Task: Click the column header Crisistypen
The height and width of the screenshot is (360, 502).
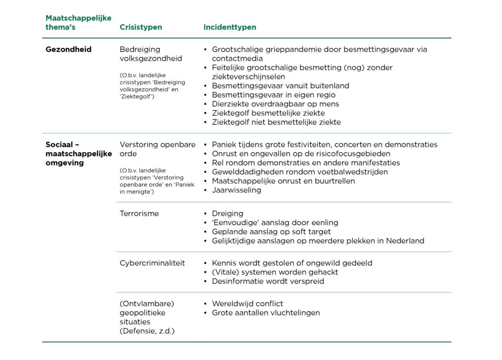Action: point(141,27)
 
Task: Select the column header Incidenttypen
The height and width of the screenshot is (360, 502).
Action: point(229,27)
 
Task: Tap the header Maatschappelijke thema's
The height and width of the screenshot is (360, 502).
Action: point(78,23)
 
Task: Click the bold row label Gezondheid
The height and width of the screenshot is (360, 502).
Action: point(69,49)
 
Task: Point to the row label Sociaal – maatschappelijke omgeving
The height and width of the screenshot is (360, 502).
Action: point(78,154)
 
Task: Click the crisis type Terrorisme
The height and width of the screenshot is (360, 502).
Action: point(139,214)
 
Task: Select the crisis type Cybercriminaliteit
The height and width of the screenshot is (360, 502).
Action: point(152,263)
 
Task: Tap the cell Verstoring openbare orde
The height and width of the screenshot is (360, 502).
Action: point(157,149)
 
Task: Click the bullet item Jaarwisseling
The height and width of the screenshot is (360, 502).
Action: point(236,190)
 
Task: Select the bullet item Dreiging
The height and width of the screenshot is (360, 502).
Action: point(227,214)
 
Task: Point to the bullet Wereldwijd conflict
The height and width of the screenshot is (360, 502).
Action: point(247,304)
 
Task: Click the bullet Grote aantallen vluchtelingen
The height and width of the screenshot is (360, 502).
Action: point(266,312)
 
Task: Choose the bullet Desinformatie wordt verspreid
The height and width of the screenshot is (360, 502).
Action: point(268,281)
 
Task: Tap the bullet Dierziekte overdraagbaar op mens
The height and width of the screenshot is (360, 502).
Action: point(275,104)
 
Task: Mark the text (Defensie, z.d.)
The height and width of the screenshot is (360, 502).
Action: point(147,331)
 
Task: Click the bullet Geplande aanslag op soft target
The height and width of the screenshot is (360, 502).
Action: point(271,232)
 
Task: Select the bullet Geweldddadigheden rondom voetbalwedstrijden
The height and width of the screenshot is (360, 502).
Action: point(300,172)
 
